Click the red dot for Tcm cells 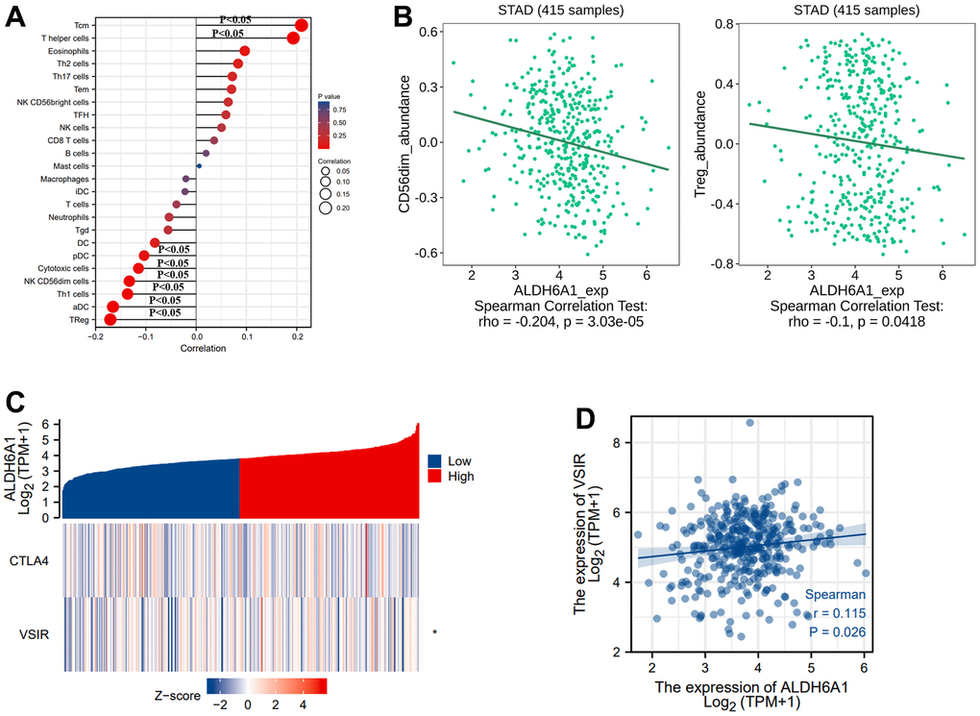(302, 25)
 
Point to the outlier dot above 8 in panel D (749, 422)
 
